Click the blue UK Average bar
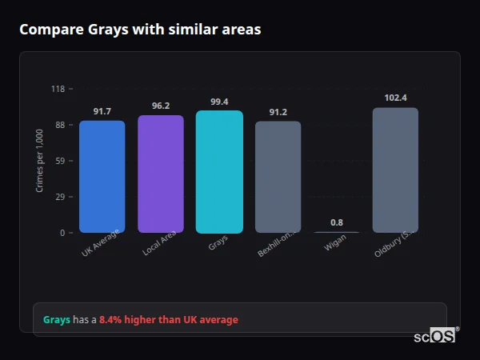102,177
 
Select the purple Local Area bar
161,174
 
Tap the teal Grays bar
219,172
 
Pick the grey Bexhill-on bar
278,177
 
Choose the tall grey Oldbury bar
395,170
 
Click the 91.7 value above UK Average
102,111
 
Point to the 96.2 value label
161,106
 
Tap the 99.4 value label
219,102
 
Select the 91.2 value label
278,112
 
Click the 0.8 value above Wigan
337,222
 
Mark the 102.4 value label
395,98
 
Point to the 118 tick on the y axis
58,89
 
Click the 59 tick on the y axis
60,161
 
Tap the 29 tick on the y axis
60,197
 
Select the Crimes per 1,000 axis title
39,160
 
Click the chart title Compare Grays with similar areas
140,30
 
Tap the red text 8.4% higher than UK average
169,320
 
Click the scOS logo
435,336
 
